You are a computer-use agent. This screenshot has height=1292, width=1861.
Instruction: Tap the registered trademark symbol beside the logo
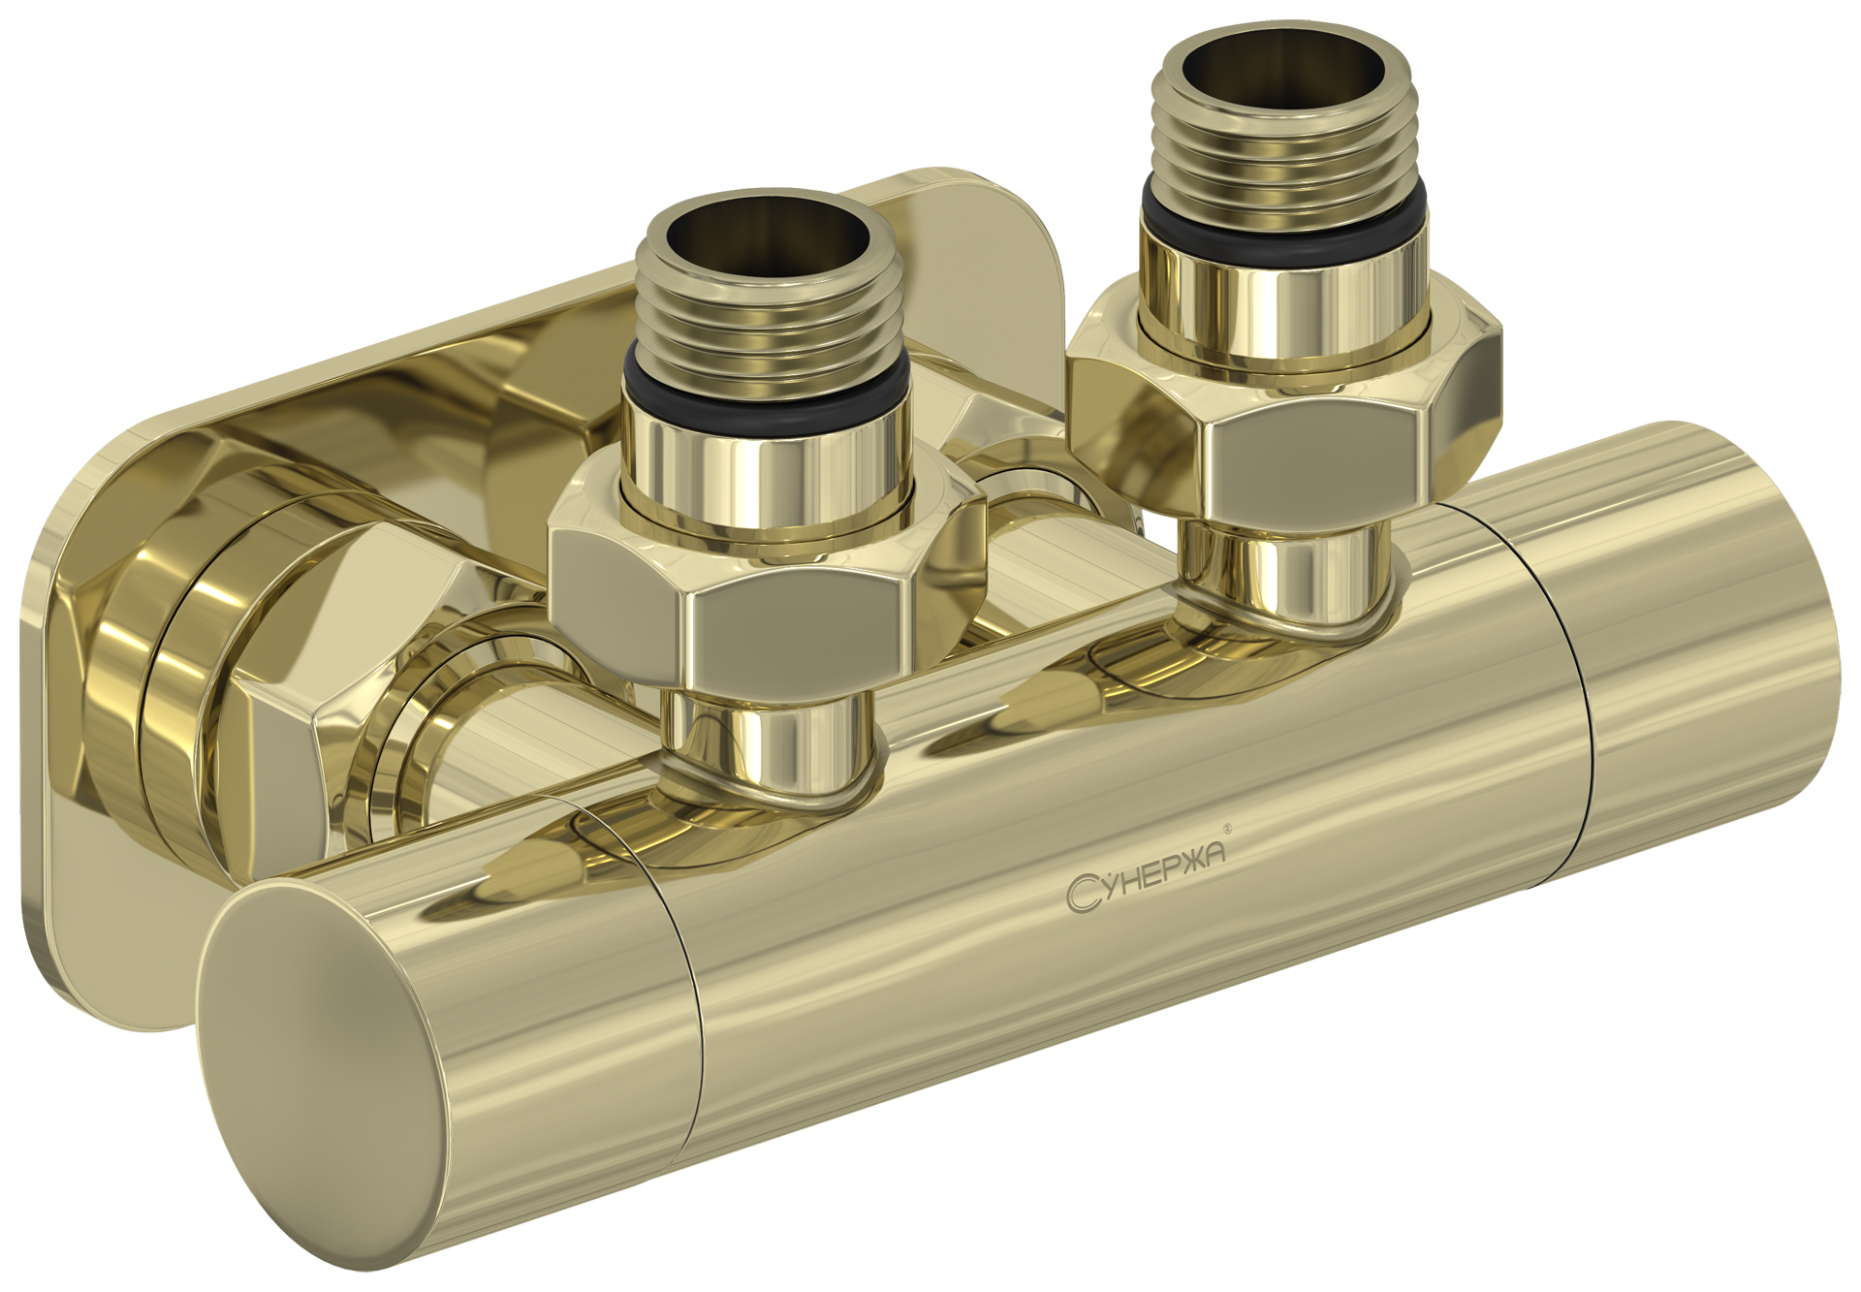coord(1228,829)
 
